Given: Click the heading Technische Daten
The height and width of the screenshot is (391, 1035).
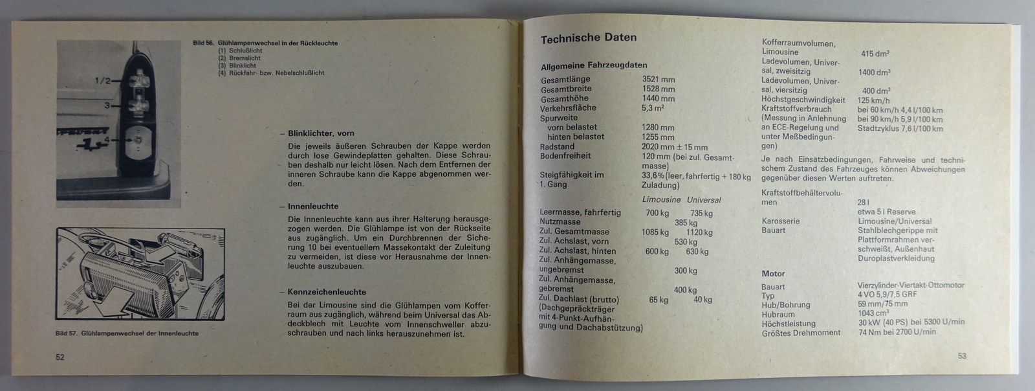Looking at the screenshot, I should coord(588,38).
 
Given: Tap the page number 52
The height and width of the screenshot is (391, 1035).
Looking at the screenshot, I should coord(60,357).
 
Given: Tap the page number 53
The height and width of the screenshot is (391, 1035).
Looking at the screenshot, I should coord(962,356).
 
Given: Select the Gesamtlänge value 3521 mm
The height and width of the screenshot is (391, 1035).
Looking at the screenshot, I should coord(658,80).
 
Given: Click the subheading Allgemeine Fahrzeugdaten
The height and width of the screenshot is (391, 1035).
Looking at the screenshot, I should coord(593,65).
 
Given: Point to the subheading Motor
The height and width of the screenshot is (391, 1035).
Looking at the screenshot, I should coord(773,274).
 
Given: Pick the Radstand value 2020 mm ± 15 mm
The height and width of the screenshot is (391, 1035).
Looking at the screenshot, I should coord(675,147).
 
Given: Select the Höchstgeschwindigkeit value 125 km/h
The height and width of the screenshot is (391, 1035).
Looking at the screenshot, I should coord(873,100).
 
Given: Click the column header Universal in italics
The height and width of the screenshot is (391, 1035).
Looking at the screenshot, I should coord(704,200).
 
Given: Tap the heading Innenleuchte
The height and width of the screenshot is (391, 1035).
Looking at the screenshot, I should coord(313,207).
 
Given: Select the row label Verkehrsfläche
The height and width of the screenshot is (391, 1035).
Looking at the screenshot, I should coord(568,108).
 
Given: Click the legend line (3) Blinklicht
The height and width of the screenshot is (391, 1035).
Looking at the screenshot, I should coord(237,65).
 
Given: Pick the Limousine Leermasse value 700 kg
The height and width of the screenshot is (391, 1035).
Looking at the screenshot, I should coord(657,213).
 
